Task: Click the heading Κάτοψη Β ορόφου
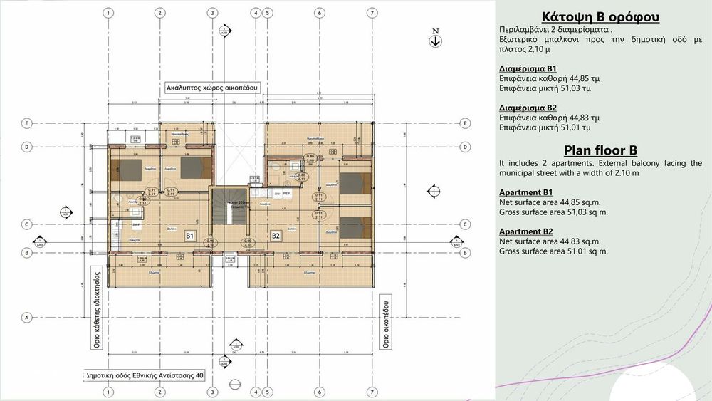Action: click(x=600, y=17)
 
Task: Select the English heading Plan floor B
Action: click(x=600, y=150)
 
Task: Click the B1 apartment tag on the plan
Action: click(x=190, y=235)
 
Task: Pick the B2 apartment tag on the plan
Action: click(x=276, y=235)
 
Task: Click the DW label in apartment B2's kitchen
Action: click(x=278, y=193)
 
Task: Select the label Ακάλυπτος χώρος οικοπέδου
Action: click(x=212, y=88)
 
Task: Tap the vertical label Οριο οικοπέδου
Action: click(x=386, y=321)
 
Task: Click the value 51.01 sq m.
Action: click(x=584, y=251)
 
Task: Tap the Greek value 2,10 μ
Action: click(x=525, y=51)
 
